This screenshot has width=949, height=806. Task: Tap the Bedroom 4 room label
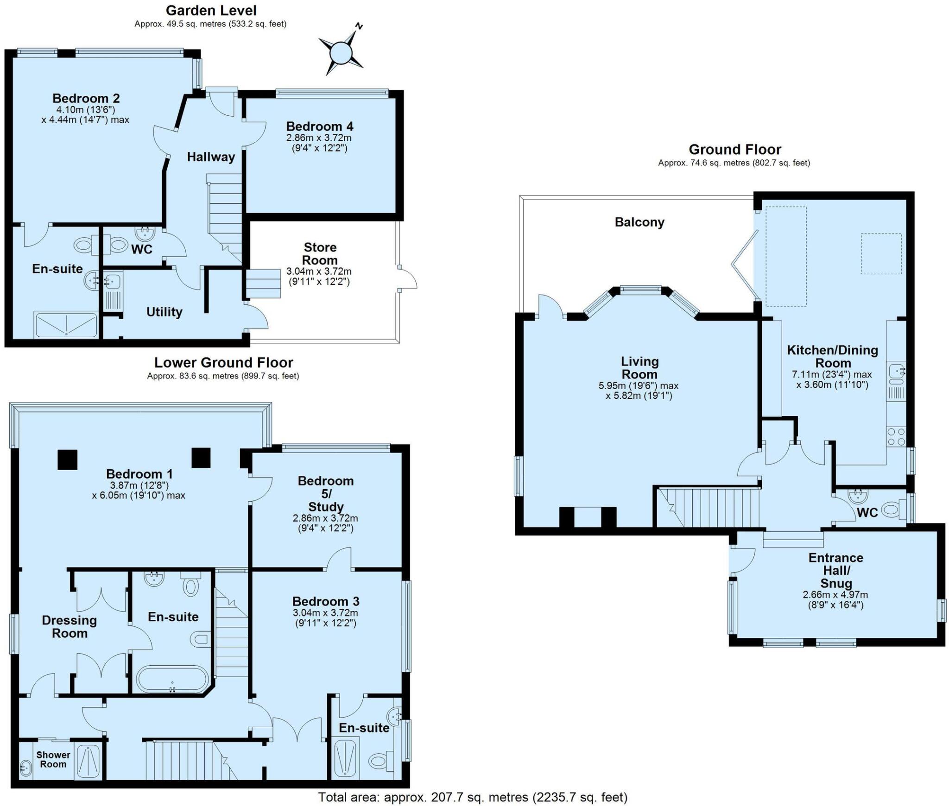pos(320,126)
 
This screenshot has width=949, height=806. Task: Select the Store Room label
pos(320,254)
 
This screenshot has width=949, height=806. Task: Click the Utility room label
pos(164,312)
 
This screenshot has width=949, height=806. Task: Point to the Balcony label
pos(639,222)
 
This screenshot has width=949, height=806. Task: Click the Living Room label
pos(639,368)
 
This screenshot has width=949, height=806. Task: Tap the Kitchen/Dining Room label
pos(833,357)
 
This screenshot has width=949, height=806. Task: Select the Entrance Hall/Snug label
pos(836,570)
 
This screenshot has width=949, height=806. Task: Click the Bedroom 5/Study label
pos(326,494)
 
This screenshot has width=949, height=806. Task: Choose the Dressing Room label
pos(70,627)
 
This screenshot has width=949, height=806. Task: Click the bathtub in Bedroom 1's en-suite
pos(172,680)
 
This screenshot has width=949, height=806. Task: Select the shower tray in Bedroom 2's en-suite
pos(66,325)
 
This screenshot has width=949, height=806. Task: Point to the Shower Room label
pos(53,759)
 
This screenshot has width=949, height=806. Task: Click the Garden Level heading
pos(211,10)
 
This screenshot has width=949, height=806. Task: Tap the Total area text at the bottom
pos(473,797)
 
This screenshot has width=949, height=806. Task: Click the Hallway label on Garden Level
pos(211,157)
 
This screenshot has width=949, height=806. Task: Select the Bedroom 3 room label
pos(326,601)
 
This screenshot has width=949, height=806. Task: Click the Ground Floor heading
pos(735,150)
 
